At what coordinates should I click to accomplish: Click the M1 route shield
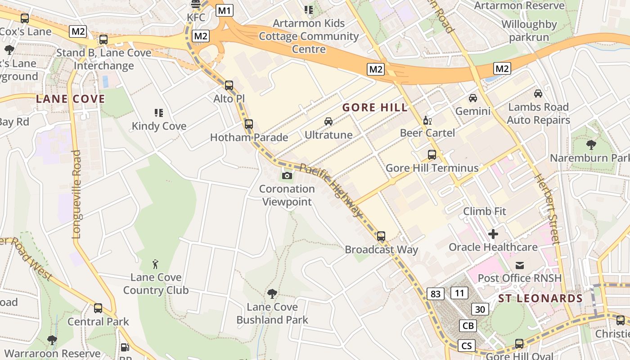(x=225, y=10)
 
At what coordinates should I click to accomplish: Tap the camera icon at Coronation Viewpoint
(x=287, y=175)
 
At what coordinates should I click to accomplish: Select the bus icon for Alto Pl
(x=229, y=85)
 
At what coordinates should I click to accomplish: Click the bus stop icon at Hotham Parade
(x=249, y=124)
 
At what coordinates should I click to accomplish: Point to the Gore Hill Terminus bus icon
(x=432, y=155)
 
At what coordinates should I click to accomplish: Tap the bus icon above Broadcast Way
(x=381, y=236)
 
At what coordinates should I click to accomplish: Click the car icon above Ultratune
(x=328, y=121)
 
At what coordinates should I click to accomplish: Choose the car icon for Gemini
(x=473, y=98)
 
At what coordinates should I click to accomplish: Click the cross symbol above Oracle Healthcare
(x=493, y=234)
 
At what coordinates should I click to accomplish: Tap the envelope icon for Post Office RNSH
(x=520, y=265)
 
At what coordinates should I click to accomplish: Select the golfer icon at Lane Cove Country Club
(x=156, y=264)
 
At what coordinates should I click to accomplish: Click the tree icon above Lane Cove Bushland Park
(x=272, y=294)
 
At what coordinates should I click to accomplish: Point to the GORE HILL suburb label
(x=375, y=108)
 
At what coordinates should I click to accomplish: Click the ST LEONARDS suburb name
(x=540, y=298)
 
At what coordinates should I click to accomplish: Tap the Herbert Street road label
(x=546, y=209)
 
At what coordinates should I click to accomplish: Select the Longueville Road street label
(x=76, y=194)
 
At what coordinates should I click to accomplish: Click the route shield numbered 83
(x=436, y=294)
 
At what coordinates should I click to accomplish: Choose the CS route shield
(x=467, y=346)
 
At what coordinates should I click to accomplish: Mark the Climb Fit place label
(x=485, y=211)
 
